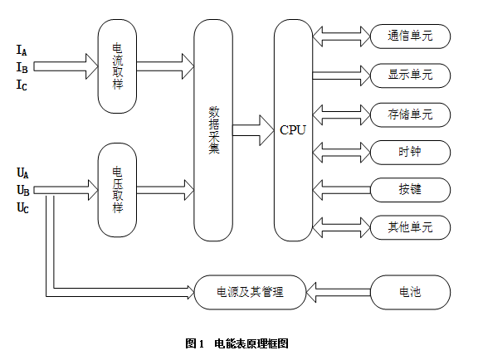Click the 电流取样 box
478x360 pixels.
(x=117, y=66)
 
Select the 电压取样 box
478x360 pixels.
(x=117, y=190)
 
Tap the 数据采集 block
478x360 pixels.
(x=213, y=130)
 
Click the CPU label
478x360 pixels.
(x=293, y=130)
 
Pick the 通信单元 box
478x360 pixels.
(x=410, y=36)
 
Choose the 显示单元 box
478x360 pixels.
(x=410, y=75)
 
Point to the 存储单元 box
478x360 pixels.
(x=410, y=114)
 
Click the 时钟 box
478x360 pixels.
(x=410, y=152)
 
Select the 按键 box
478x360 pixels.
(x=410, y=190)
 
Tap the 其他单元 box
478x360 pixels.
(x=410, y=227)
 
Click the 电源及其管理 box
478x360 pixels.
(x=250, y=292)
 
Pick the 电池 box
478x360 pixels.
(x=410, y=292)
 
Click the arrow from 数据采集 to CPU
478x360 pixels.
(x=253, y=130)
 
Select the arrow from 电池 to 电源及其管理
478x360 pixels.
(x=339, y=292)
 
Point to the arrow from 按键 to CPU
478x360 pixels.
(x=342, y=190)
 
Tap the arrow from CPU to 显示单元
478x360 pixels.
(x=342, y=75)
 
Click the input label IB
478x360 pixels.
(x=22, y=68)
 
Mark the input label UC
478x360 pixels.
(x=22, y=208)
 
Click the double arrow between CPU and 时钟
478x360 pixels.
(x=342, y=152)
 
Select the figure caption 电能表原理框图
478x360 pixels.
(x=251, y=343)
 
